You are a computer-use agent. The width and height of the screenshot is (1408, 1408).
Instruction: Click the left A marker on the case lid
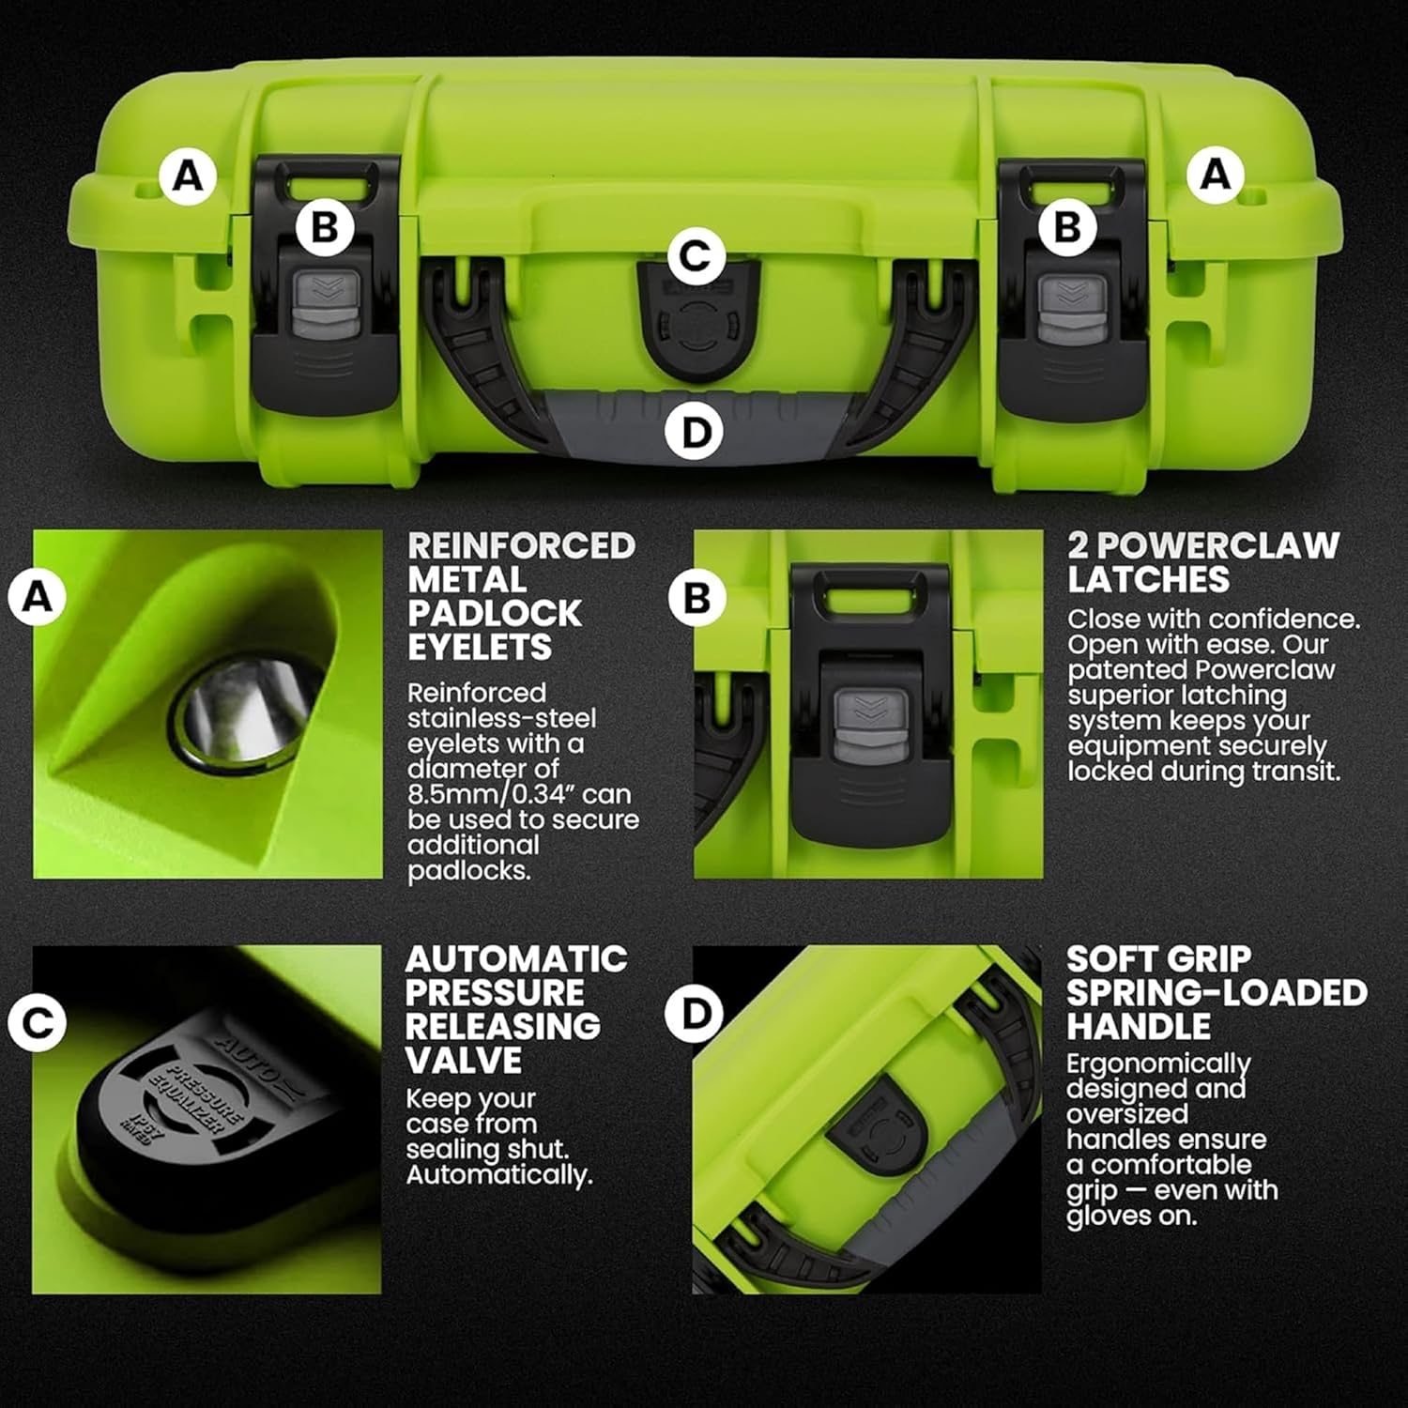(x=188, y=176)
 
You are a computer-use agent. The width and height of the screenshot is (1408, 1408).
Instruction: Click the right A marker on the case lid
(x=1216, y=175)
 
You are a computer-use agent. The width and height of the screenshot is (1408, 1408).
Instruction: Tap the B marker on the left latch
(x=324, y=227)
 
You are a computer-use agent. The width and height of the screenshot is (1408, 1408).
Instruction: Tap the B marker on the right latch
(x=1067, y=227)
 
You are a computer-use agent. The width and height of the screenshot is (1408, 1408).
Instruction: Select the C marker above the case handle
(x=696, y=255)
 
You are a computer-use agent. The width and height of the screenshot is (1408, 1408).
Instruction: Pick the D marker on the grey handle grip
(x=695, y=433)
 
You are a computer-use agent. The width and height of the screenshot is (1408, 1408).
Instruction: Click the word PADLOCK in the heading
(x=495, y=614)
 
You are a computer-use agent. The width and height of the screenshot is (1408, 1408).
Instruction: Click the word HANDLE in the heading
(x=1138, y=1027)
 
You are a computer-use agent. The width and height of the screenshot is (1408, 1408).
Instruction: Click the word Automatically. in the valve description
(x=498, y=1174)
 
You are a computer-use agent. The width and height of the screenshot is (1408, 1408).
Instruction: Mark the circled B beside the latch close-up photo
(x=696, y=598)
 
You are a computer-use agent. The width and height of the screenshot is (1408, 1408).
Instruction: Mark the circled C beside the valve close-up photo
(x=38, y=1022)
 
